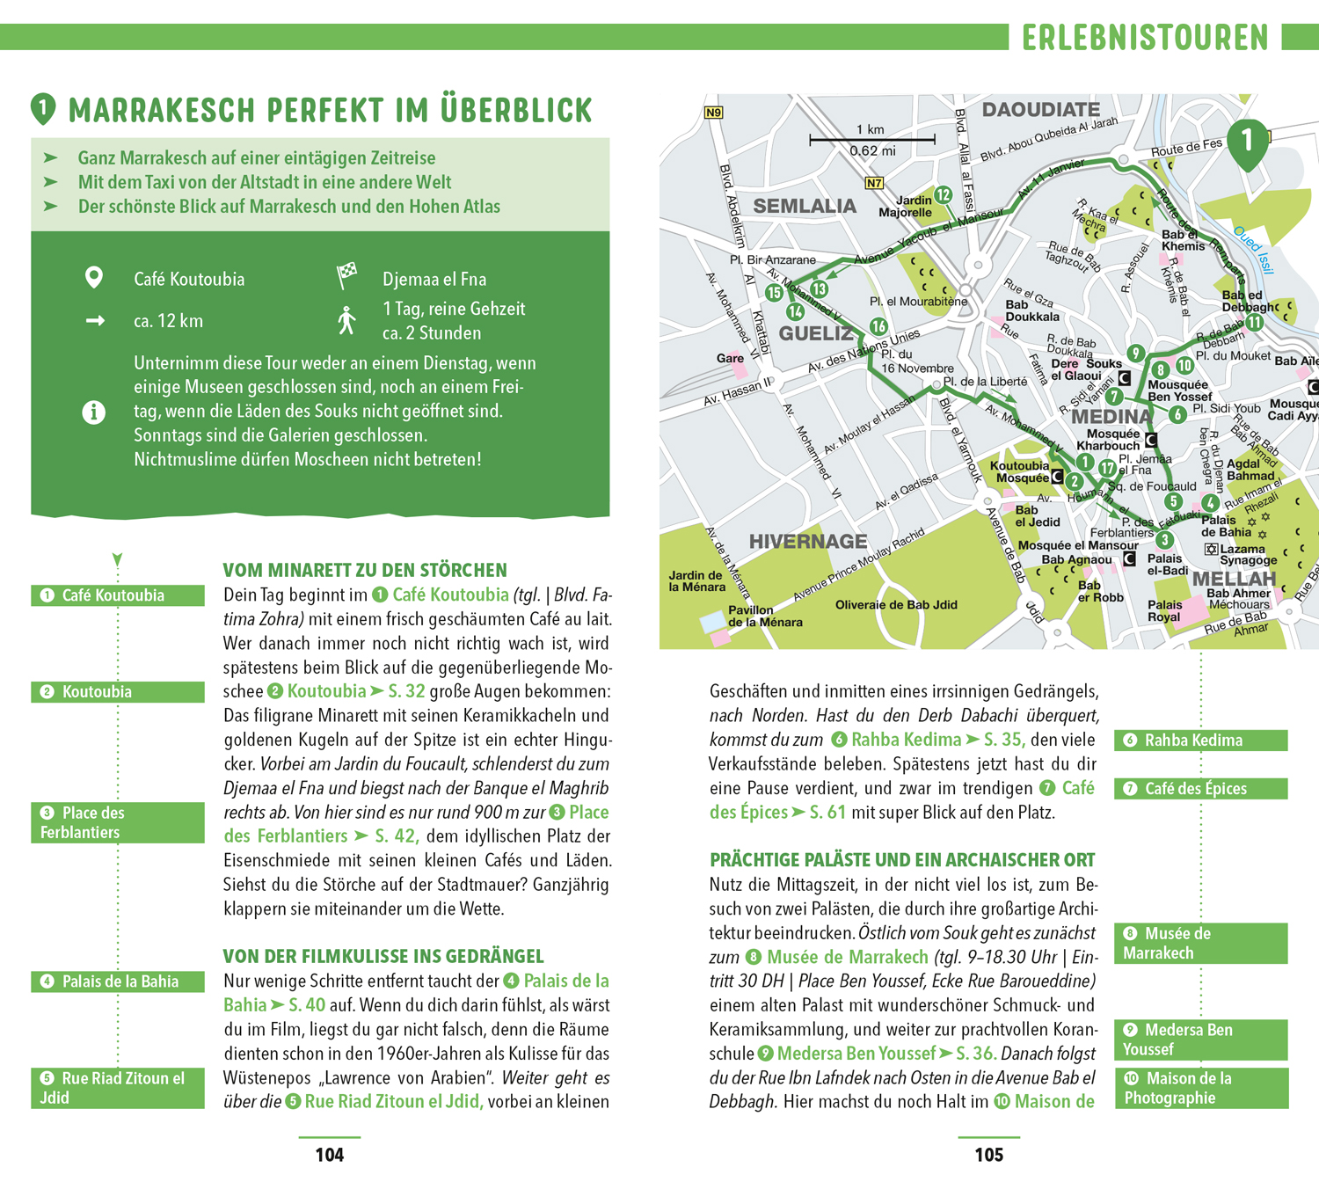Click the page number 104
(x=330, y=1155)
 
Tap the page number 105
(x=988, y=1155)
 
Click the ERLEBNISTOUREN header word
(x=1145, y=38)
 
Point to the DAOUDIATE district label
(x=1040, y=110)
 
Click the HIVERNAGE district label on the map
(x=807, y=542)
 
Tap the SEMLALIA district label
(x=805, y=207)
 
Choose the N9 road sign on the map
(x=713, y=113)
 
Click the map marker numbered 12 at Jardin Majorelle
(x=944, y=194)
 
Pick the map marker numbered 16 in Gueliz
(x=878, y=326)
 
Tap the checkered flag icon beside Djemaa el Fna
(x=347, y=275)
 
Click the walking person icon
(x=346, y=321)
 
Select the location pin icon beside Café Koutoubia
(x=93, y=278)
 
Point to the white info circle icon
(x=93, y=412)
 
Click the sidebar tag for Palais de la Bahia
(x=118, y=981)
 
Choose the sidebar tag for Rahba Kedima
(x=1200, y=741)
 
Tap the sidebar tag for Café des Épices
(x=1200, y=789)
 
